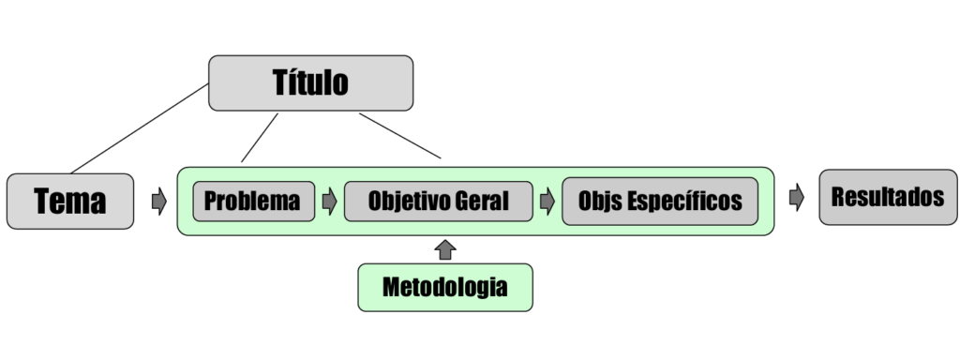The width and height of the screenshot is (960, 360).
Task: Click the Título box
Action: pyautogui.click(x=310, y=82)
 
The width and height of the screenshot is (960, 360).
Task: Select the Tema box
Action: pyautogui.click(x=70, y=201)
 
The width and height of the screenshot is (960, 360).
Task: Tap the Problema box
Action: pyautogui.click(x=253, y=201)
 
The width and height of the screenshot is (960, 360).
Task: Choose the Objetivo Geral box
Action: pyautogui.click(x=438, y=201)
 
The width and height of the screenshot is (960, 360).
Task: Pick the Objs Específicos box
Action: pyautogui.click(x=660, y=201)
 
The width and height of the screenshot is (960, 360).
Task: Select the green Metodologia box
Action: pyautogui.click(x=444, y=287)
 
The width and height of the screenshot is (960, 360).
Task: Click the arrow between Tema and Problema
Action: pyautogui.click(x=158, y=201)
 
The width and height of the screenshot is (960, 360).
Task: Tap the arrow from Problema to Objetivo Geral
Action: pyautogui.click(x=329, y=201)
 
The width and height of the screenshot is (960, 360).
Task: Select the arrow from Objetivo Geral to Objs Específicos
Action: pyautogui.click(x=547, y=201)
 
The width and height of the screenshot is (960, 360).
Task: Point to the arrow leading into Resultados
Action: pyautogui.click(x=797, y=198)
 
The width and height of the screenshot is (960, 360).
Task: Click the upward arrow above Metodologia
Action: pyautogui.click(x=445, y=248)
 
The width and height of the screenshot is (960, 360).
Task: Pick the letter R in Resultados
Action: pyautogui.click(x=837, y=197)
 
